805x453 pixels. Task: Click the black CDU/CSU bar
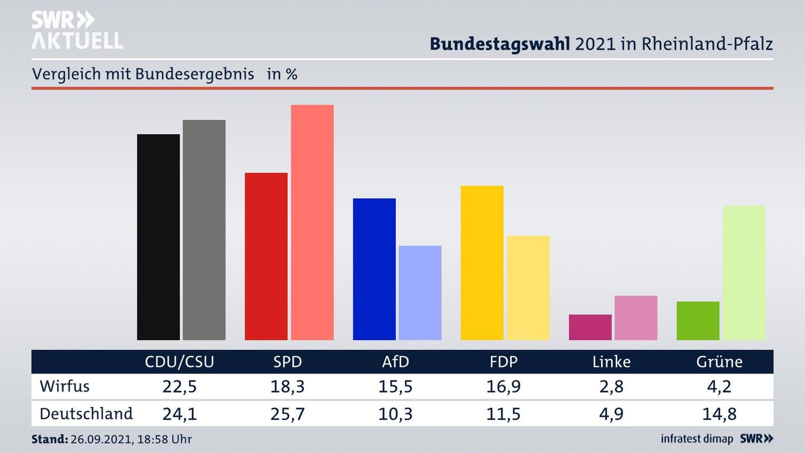coord(158,237)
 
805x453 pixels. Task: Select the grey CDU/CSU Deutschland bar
coord(204,230)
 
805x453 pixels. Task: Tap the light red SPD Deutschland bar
coord(312,223)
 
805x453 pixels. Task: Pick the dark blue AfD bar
coord(374,269)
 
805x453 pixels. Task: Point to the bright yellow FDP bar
coord(482,263)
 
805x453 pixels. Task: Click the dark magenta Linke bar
coord(590,327)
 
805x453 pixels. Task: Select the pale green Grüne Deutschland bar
coord(744,273)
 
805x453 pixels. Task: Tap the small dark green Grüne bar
coord(698,321)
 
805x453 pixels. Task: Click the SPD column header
coord(287,362)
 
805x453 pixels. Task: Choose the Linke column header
coord(612,362)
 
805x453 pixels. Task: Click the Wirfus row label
coord(64,386)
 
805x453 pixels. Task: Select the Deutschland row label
coord(86,414)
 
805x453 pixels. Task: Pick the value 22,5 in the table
coord(179,386)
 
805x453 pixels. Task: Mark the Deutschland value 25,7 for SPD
coord(287,414)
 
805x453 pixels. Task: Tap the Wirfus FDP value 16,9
coord(503,386)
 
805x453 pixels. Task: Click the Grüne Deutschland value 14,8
coord(719,414)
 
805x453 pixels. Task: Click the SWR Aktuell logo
coord(77,30)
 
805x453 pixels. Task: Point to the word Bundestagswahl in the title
coord(500,44)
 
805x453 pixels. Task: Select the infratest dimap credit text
coord(697,439)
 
